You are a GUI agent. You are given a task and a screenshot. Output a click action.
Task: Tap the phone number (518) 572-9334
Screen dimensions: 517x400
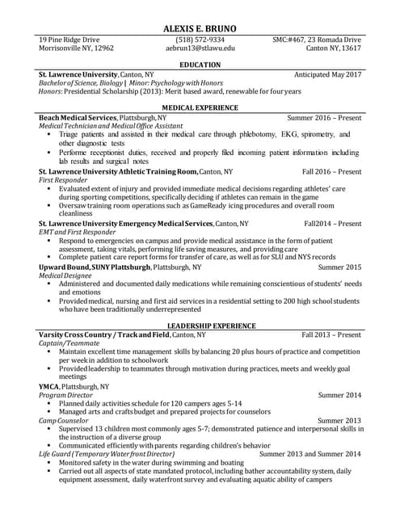[x=200, y=40]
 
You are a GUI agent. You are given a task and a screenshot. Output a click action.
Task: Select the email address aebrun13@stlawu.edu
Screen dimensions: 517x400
[x=200, y=48]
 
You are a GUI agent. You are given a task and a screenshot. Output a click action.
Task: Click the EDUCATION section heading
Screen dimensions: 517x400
[x=200, y=65]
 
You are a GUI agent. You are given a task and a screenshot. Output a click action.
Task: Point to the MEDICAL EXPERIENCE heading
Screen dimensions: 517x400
[x=200, y=107]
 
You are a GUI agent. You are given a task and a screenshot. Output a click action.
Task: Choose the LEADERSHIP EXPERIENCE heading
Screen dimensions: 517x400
[x=200, y=325]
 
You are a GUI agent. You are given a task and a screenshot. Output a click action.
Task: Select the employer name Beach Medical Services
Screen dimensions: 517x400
[x=78, y=118]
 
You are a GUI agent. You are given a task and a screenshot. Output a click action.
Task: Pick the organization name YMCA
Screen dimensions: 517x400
[x=48, y=387]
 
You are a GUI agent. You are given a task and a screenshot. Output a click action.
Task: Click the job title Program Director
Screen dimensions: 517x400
[x=65, y=395]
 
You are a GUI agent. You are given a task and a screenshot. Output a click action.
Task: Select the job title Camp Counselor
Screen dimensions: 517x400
[x=64, y=421]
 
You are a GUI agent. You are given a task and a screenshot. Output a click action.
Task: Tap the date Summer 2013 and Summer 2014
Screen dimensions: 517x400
[x=309, y=455]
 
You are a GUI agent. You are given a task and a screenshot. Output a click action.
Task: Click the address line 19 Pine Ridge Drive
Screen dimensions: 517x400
[x=69, y=40]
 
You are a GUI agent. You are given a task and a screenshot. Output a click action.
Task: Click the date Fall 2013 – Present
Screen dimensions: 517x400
[x=331, y=334]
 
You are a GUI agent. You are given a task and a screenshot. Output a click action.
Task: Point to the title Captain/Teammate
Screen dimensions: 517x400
[x=69, y=343]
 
